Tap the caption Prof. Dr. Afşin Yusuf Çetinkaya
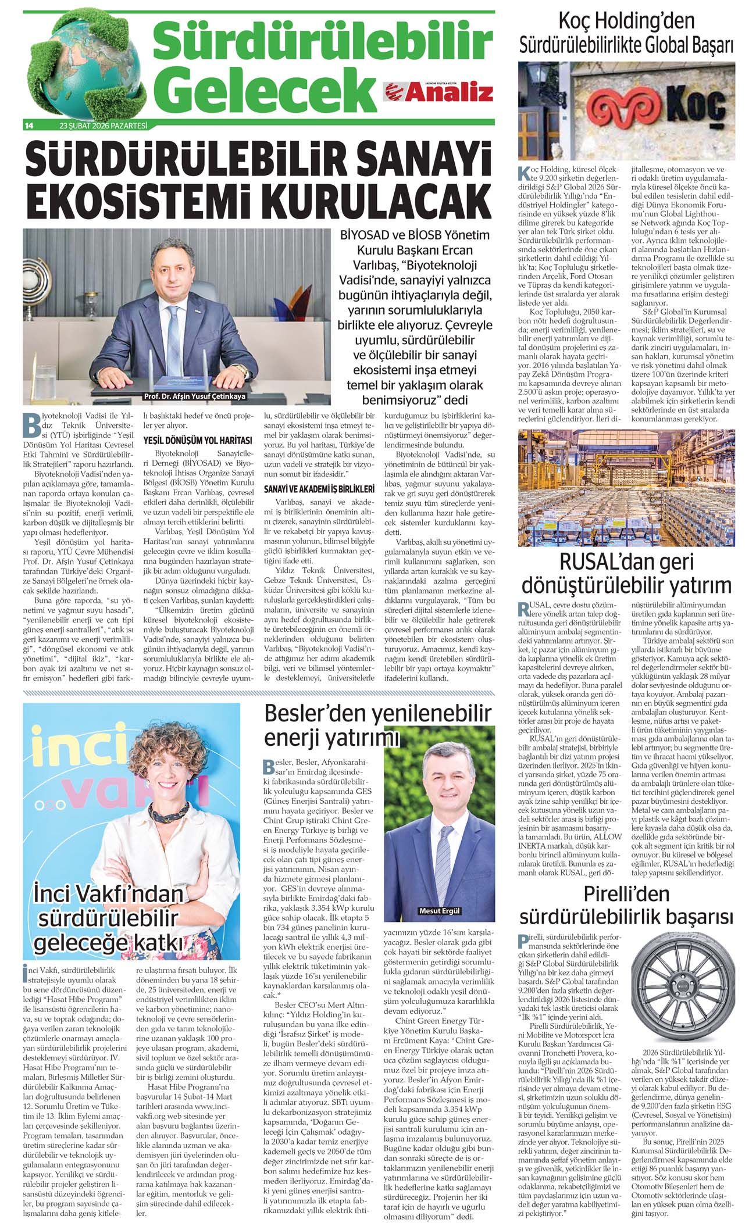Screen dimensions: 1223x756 194,396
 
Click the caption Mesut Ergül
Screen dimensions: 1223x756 439,911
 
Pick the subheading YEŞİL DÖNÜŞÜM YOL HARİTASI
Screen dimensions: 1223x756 198,441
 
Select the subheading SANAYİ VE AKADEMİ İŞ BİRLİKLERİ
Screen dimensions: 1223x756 319,489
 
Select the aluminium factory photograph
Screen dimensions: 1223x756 626,488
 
